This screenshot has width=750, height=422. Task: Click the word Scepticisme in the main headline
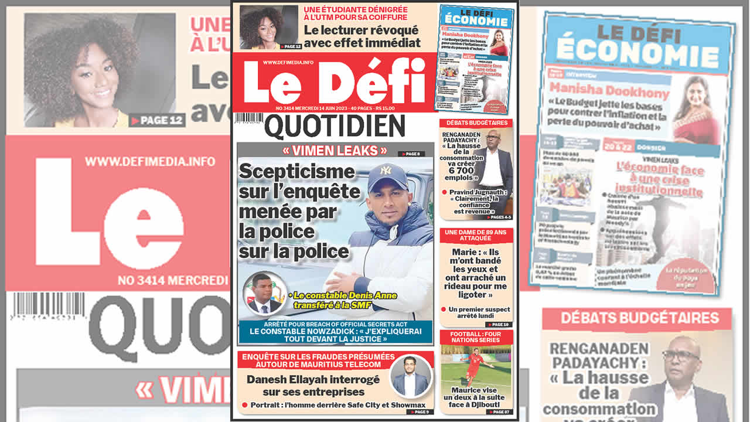[297, 172]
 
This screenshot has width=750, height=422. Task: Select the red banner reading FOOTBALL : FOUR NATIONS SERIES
[476, 337]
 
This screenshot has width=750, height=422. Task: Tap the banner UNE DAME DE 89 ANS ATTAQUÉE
[476, 236]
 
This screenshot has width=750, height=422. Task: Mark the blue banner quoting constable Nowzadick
[335, 331]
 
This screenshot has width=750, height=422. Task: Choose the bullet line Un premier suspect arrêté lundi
[479, 312]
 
